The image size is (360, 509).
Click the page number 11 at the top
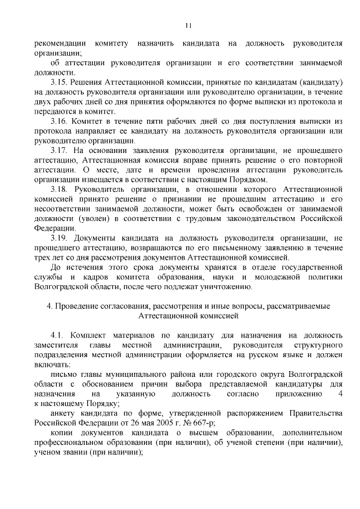(x=188, y=25)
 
